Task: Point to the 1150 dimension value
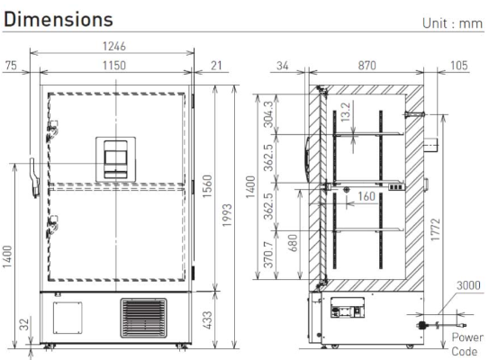point(113,66)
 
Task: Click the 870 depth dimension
point(367,66)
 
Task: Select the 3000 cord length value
point(469,286)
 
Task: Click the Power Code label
point(467,346)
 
